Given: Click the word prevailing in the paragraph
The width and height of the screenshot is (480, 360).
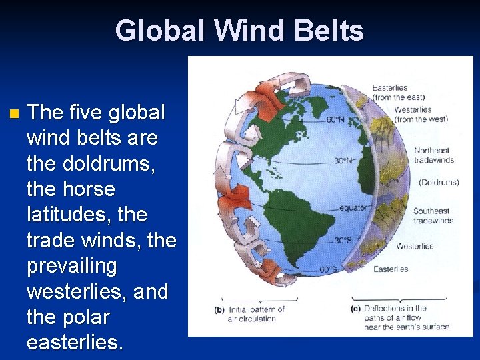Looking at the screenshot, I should click(71, 266).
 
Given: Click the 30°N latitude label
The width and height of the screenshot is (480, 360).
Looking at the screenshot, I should click(344, 161).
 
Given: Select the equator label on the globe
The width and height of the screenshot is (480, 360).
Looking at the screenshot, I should click(352, 208).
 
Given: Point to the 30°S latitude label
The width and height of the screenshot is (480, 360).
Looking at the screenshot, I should click(343, 240).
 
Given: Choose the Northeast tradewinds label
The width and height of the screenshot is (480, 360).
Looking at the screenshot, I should click(433, 155).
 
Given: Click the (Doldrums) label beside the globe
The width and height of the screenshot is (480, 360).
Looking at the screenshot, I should click(439, 182).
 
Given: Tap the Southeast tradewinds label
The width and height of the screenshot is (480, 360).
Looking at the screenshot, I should click(433, 215).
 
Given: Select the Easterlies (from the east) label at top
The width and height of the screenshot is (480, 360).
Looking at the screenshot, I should click(399, 93).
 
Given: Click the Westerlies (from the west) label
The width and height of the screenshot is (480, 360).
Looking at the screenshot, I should click(421, 114).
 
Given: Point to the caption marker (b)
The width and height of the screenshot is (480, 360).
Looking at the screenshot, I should click(219, 309).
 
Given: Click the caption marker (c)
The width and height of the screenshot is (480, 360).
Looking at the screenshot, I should click(355, 309).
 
